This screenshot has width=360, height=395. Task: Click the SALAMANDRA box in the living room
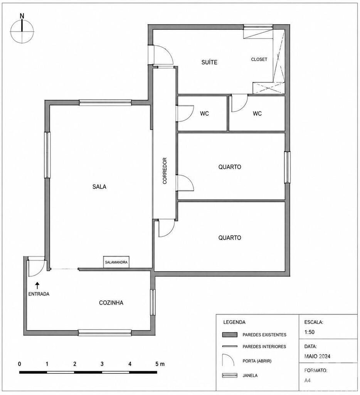[116, 262]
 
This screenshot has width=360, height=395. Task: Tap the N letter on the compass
[22, 16]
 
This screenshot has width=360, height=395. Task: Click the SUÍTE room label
[209, 62]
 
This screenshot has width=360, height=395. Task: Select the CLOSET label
[259, 59]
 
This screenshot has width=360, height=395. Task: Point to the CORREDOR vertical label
[165, 171]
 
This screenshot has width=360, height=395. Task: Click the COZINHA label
[111, 302]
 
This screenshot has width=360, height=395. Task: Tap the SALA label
[99, 187]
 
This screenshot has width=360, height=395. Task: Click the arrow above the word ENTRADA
[37, 285]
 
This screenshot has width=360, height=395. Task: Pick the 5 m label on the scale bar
[160, 364]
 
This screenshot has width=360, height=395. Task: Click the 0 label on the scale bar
[19, 364]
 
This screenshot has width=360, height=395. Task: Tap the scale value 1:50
[310, 332]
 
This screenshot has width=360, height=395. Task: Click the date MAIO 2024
[317, 356]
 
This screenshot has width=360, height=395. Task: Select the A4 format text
[307, 380]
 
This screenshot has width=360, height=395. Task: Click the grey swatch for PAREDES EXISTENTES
[230, 334]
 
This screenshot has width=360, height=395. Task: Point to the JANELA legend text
[250, 375]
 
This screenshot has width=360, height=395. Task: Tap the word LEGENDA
[234, 322]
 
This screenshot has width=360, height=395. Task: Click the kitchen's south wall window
[105, 333]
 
